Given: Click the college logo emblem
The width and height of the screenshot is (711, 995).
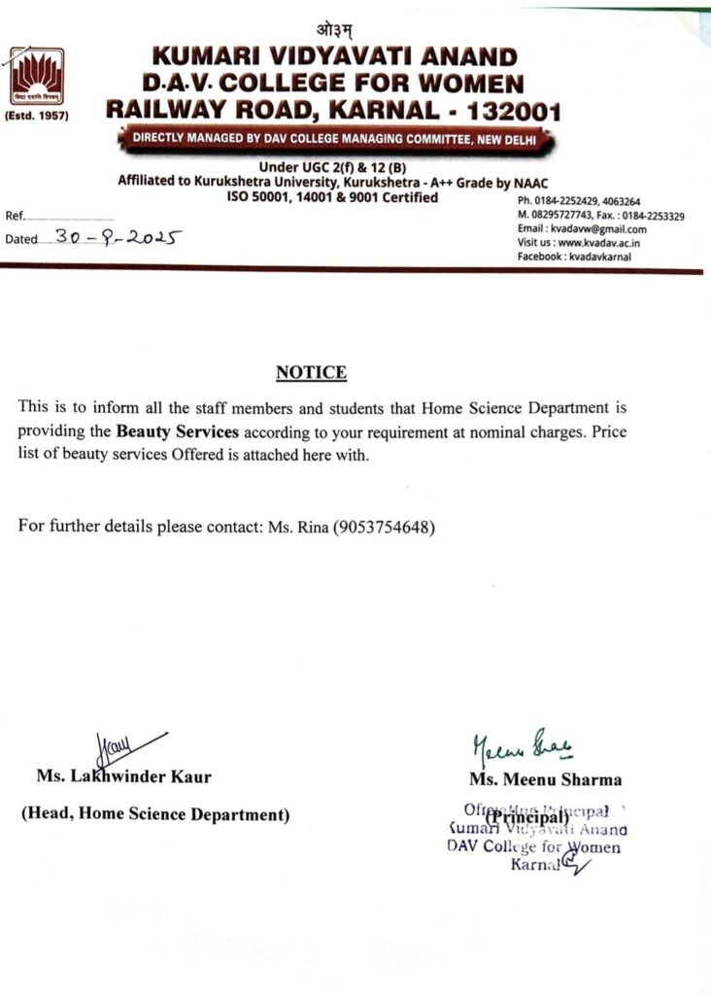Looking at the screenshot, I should [x=38, y=77].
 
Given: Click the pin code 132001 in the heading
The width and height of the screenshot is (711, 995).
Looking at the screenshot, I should [x=512, y=111].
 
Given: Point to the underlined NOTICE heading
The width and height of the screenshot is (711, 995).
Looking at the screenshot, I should [x=311, y=373].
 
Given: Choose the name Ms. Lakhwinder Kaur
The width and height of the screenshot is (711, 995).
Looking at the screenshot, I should [x=123, y=776].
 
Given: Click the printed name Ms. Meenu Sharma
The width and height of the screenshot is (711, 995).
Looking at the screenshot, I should [x=545, y=779].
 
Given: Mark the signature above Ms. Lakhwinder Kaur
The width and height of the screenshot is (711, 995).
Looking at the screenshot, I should [x=120, y=749].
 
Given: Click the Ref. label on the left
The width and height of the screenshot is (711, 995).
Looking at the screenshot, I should [x=16, y=216].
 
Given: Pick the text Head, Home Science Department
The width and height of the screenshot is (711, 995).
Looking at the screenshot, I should [x=155, y=814].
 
